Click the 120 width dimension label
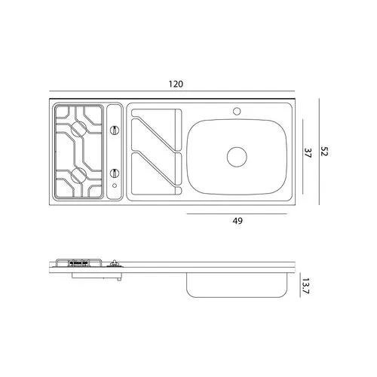coord(176,84)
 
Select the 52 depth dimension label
coord(324,152)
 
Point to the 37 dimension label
coord(308,153)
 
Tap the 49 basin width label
coord(238,221)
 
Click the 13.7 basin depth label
coord(305,286)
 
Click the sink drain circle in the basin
coord(237,157)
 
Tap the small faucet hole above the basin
coord(237,111)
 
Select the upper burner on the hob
coord(79,129)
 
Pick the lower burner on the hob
coord(79,176)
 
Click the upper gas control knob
coord(115,130)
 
